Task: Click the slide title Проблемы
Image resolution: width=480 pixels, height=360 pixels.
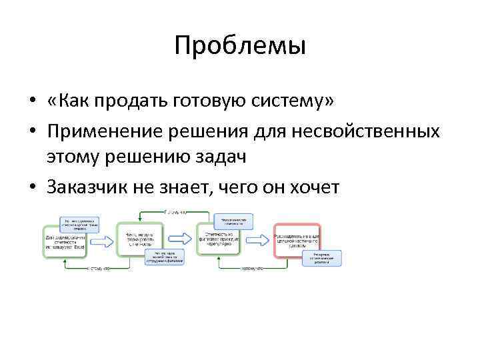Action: coord(240,47)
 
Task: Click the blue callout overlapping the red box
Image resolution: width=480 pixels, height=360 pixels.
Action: coord(322,258)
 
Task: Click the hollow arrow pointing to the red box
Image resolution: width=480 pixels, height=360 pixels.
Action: coord(258,239)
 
